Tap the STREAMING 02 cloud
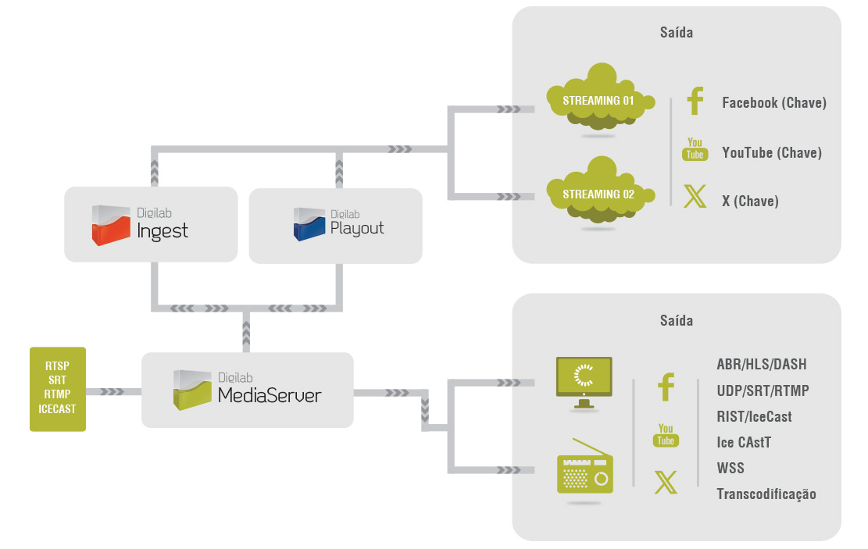598,193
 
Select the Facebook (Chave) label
773,102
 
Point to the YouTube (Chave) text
772,152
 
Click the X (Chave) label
750,201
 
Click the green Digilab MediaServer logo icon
192,389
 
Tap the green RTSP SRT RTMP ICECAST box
57,389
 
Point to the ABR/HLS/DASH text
761,365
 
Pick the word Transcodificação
766,494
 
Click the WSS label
730,468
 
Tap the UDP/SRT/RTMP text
763,390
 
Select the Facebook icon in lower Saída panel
666,387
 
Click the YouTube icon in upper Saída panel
695,149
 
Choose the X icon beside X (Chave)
695,196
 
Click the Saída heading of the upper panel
676,33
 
